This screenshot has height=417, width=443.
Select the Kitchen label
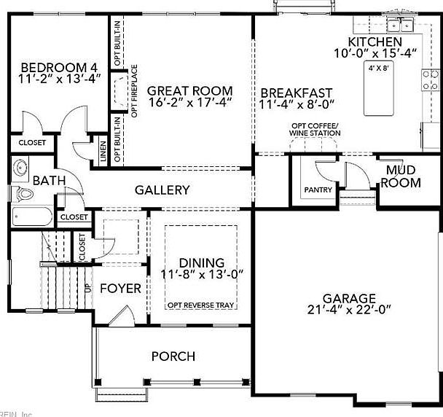click(375, 42)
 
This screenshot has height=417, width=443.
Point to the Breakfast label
click(296, 93)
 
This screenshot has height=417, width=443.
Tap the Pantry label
click(318, 190)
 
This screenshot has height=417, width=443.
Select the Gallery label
click(162, 190)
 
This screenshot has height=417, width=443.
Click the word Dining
click(202, 262)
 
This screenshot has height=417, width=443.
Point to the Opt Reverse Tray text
click(201, 305)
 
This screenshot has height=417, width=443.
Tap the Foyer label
click(120, 289)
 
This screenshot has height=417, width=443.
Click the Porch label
click(173, 356)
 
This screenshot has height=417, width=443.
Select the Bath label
click(47, 180)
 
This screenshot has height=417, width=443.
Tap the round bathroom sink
click(20, 168)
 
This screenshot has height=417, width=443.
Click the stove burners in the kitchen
click(431, 78)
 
